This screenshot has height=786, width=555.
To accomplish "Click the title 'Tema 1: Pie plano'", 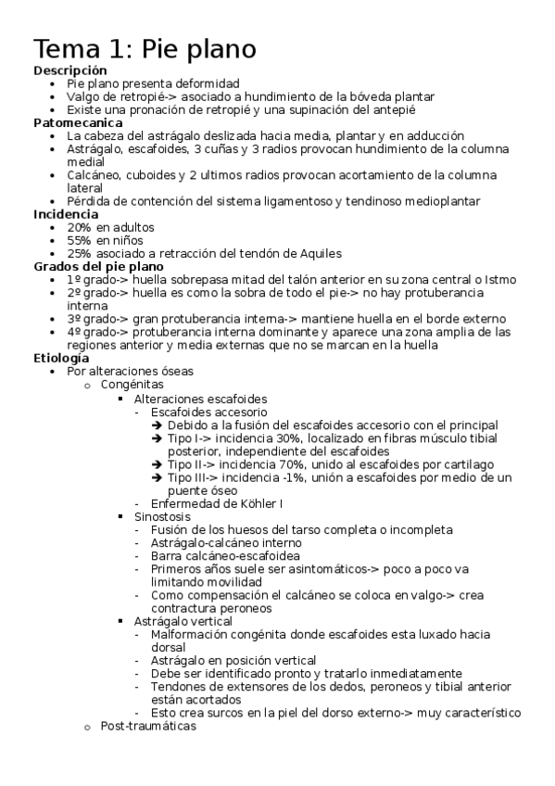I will pos(145,48).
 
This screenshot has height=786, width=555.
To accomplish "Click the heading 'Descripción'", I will pos(69,70).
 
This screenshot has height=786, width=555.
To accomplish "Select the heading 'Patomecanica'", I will pos(77,122).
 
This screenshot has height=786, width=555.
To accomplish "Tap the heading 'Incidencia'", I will pos(65,214).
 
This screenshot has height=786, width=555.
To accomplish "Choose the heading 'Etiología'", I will pos(61,358).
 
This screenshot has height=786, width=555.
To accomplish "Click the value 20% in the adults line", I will pos(79,227).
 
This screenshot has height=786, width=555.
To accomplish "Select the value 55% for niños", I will pos(79,240).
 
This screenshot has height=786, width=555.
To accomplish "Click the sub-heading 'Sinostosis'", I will pos(162,516).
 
